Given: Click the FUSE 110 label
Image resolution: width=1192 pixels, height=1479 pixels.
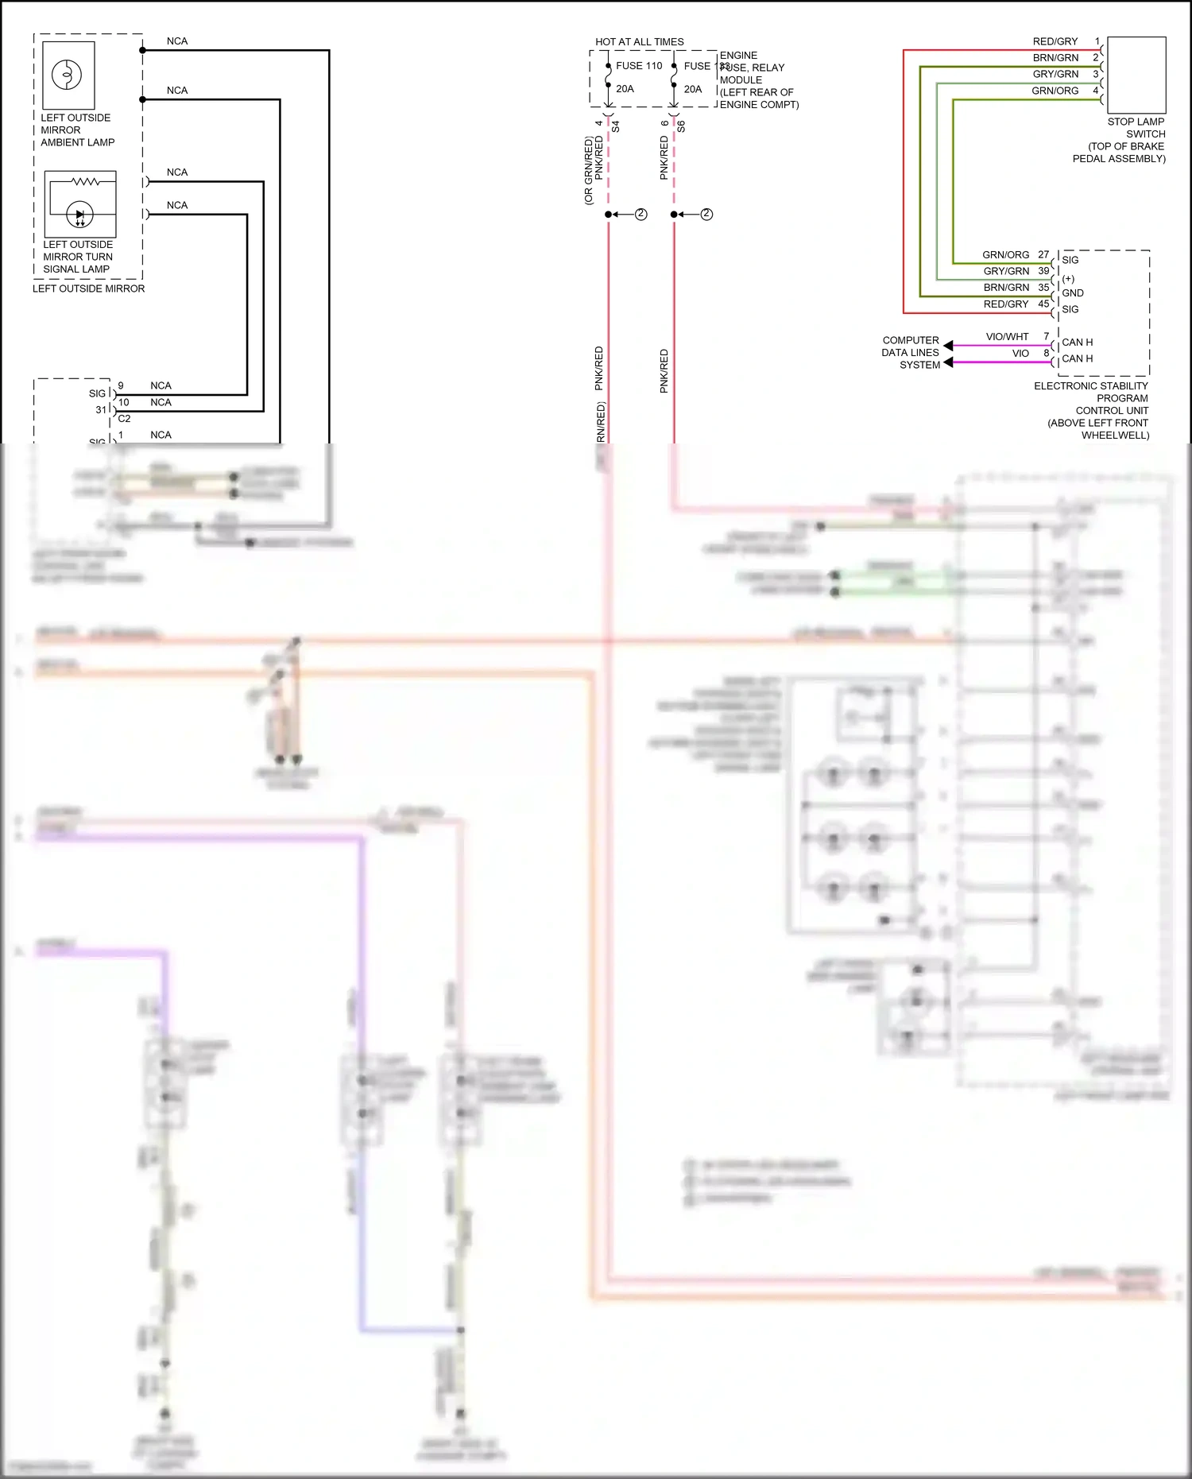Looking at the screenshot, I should click(639, 66).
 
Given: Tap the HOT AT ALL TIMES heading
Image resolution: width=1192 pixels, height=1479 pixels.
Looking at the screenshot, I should click(639, 42).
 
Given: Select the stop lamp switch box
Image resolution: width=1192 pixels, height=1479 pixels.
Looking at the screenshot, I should click(1136, 75).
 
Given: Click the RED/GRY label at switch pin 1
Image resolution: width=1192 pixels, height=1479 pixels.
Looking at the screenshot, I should click(1055, 41).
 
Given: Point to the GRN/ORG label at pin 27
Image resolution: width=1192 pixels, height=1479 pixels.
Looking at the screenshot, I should click(1005, 255).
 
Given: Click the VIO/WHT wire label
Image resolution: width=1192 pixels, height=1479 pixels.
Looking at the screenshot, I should click(1007, 337).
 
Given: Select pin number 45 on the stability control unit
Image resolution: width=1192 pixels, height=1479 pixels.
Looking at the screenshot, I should click(1043, 304).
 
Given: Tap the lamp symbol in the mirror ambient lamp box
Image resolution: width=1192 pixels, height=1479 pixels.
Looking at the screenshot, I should click(67, 75).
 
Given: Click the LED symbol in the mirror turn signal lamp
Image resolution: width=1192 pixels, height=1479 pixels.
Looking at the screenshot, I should click(79, 215).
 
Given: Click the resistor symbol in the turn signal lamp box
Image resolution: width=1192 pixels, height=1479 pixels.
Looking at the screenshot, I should click(85, 182).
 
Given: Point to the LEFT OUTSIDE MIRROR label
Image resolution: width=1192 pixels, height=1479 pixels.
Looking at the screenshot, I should click(88, 289).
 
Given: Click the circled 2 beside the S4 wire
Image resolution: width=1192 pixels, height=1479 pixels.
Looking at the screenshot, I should click(641, 215).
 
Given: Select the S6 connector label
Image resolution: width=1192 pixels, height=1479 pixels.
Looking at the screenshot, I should click(682, 126).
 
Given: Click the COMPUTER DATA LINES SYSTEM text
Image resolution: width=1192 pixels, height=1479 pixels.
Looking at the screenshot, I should click(911, 353).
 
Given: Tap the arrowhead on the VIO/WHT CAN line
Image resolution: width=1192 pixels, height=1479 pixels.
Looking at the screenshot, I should click(948, 346).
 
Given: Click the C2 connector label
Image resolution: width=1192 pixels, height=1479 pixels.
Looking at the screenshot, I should click(124, 419).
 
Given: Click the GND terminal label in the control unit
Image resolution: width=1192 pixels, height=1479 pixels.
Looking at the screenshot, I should click(1072, 293).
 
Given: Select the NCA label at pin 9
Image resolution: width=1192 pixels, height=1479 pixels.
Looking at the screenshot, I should click(161, 386).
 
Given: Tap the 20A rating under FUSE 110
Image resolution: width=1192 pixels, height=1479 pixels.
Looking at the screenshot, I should click(625, 89).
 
